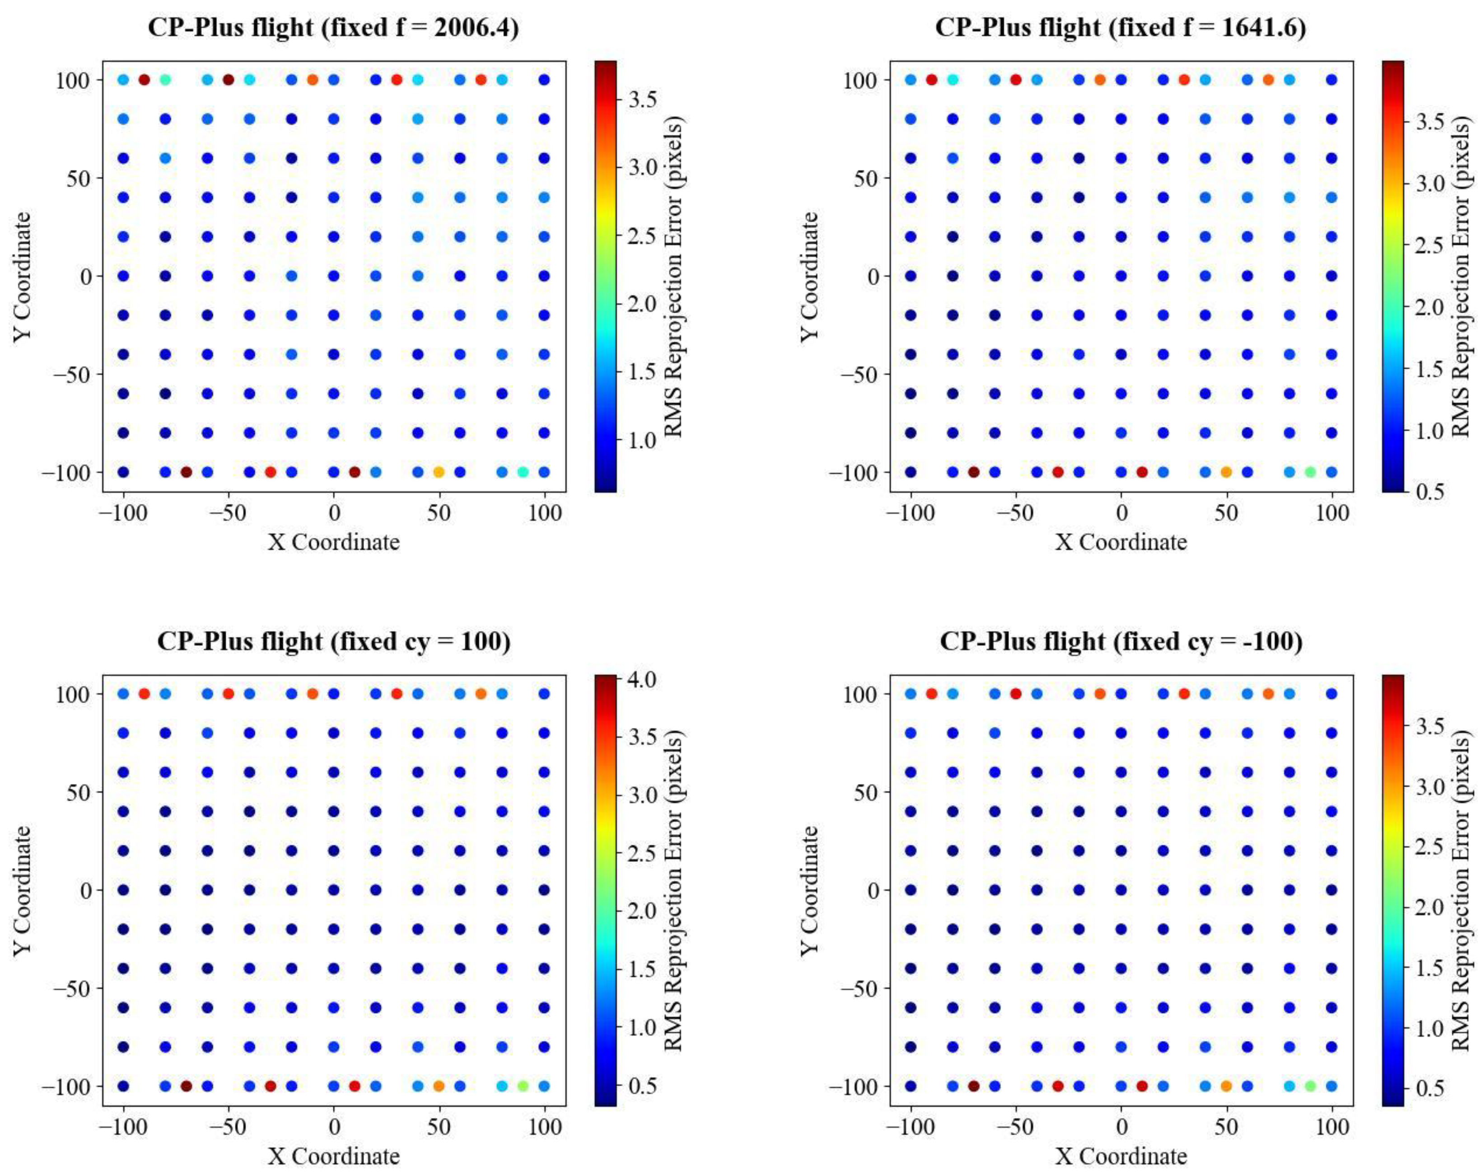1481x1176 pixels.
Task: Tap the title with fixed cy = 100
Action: coord(333,641)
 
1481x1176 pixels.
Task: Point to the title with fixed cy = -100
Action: coord(1121,641)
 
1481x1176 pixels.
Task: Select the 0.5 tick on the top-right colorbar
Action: coord(1429,491)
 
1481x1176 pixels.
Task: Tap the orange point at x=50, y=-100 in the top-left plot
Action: coord(439,472)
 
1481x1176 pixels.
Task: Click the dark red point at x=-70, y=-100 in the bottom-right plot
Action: coord(973,1086)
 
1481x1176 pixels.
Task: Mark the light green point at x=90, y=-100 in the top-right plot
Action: coord(1310,472)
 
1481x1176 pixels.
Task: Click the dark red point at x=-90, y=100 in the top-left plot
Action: coord(144,80)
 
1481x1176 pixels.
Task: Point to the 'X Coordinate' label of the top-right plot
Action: coord(1121,542)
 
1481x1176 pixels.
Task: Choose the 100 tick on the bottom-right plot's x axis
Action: coord(1332,1127)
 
